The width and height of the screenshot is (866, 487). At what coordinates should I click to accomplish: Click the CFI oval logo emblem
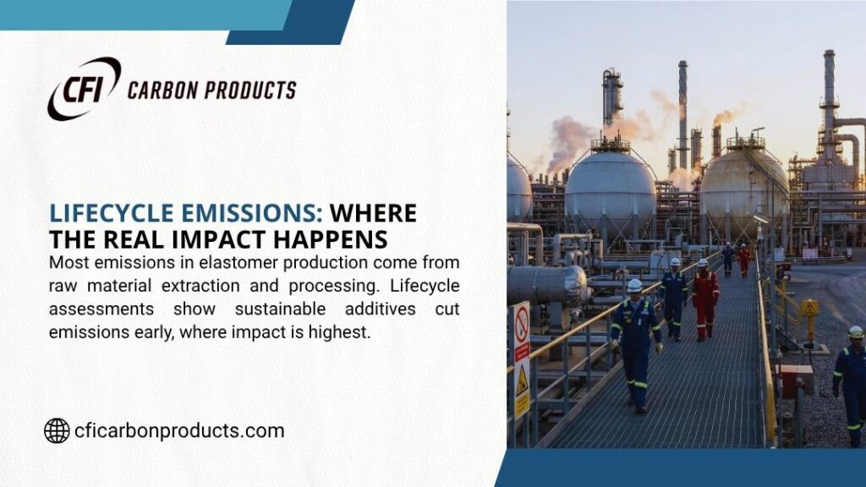tap(83, 88)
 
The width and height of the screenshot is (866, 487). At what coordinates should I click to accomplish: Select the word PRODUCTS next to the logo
tap(253, 90)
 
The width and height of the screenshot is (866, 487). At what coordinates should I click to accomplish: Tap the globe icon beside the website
tap(57, 430)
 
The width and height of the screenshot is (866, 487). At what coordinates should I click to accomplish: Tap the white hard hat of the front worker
tap(634, 286)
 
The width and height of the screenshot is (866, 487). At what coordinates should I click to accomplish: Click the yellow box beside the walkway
tap(809, 309)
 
